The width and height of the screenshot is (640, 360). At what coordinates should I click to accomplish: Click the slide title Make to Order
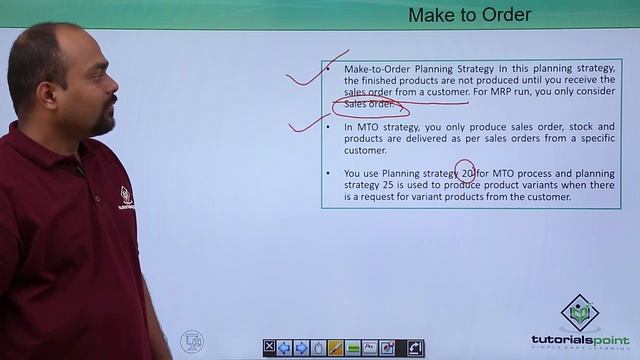click(469, 14)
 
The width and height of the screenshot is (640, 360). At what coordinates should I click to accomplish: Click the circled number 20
click(467, 173)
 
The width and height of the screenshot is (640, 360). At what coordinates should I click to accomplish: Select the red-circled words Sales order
click(369, 104)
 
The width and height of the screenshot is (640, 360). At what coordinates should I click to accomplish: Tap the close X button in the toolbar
click(270, 347)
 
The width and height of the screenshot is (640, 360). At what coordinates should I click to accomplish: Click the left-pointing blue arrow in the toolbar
click(285, 347)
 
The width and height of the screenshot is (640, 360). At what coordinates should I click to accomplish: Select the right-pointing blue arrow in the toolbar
click(301, 347)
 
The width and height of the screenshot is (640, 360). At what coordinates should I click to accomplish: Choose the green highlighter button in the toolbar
click(352, 347)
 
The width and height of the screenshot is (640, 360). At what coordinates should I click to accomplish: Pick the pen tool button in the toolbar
click(335, 347)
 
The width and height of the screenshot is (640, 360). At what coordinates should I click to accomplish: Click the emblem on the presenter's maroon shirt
click(127, 197)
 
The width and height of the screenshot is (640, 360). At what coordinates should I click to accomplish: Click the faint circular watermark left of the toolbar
click(191, 342)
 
